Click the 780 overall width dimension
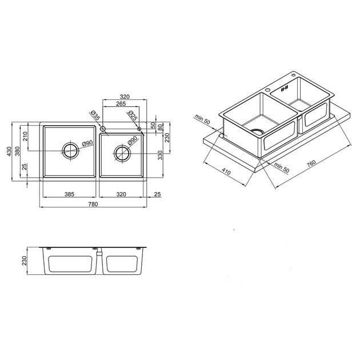[93, 204]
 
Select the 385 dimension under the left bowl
[69, 194]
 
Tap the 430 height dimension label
[9, 151]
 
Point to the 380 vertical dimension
[18, 151]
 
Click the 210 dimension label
[25, 136]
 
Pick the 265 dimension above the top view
[121, 104]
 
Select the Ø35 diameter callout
[95, 115]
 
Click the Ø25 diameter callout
[133, 115]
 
